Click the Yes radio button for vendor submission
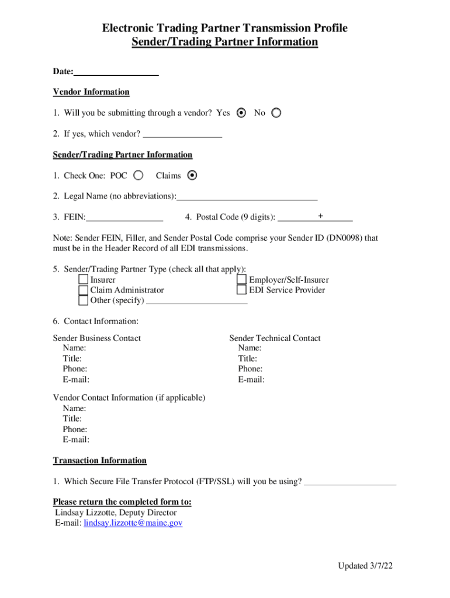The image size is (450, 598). coord(241,113)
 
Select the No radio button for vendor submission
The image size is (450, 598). coord(276,113)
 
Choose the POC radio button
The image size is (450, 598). coord(139,175)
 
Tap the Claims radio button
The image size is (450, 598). coord(193,175)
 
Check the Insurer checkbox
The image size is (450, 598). coord(84,280)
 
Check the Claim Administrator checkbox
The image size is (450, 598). coord(84,290)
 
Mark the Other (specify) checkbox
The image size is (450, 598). coord(84,300)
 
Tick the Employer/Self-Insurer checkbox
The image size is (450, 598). coord(242,280)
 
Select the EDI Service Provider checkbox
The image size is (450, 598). coord(242,290)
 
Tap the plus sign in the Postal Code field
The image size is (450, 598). coord(320,216)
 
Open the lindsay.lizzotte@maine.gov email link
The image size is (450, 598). coord(133,523)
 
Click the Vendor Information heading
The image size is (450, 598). coord(91,92)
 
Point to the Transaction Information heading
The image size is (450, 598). coord(100,461)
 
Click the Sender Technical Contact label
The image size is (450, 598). coord(275,338)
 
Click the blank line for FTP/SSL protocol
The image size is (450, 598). coord(351,482)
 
